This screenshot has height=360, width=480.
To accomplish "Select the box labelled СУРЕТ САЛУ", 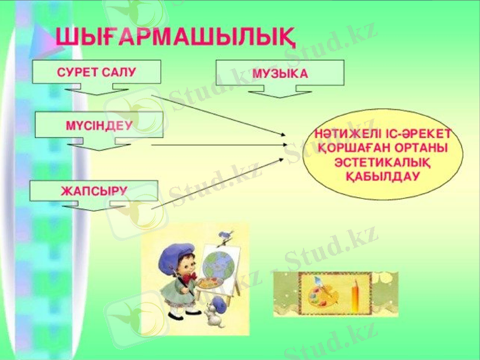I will coord(97,72).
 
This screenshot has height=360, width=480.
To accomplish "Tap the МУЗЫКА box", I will coord(280,73).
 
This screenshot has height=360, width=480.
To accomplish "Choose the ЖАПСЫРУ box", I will coord(94,191).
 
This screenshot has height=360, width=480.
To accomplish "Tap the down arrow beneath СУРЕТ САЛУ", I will coord(97,90).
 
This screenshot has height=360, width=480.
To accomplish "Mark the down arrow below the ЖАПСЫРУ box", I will coord(91,206).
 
